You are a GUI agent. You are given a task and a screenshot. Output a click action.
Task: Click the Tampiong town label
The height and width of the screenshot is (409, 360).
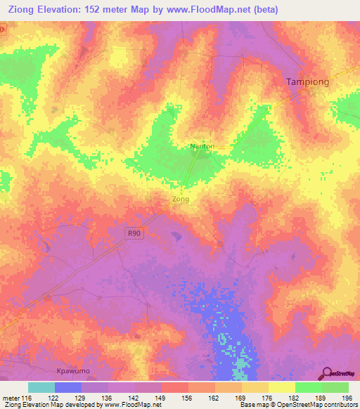pyautogui.click(x=308, y=82)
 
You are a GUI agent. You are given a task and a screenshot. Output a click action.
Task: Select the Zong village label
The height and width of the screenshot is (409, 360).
pyautogui.click(x=181, y=199)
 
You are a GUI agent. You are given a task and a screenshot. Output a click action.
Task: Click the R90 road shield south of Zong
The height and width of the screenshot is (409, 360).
pyautogui.click(x=134, y=233)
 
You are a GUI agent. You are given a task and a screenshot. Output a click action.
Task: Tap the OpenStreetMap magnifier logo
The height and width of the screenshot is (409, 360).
pyautogui.click(x=327, y=373)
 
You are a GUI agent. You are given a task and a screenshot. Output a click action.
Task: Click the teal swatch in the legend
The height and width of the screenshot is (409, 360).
pyautogui.click(x=41, y=387)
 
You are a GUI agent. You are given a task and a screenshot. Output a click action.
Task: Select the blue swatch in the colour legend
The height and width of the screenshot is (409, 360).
pyautogui.click(x=68, y=387)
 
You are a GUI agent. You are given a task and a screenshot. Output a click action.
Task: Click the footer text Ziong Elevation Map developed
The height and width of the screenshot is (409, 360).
pyautogui.click(x=42, y=405)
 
